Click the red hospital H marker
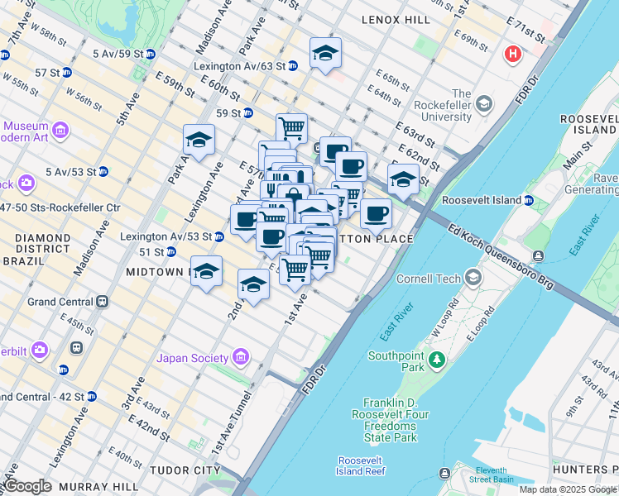(513, 55)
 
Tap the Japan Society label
(193, 358)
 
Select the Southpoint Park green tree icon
(436, 359)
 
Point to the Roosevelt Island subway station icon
(528, 200)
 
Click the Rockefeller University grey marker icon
(483, 103)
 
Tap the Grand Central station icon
(103, 302)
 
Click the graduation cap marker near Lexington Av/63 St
(326, 55)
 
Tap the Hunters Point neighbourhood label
(584, 470)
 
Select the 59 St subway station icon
(247, 112)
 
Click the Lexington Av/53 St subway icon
(218, 236)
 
